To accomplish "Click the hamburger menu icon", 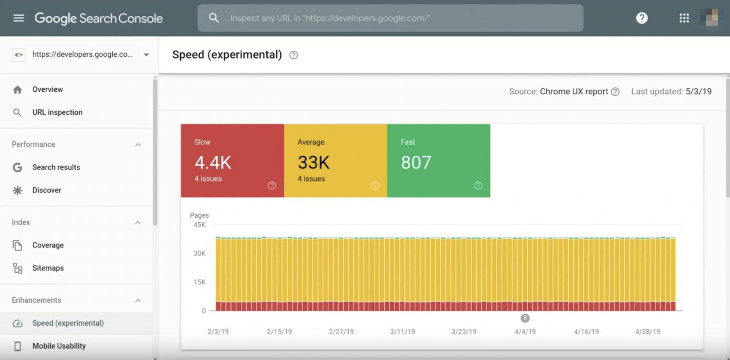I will [x=18, y=18].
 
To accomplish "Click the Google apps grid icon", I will [x=684, y=18].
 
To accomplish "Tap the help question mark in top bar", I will [x=642, y=18].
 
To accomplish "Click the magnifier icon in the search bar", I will [x=214, y=18].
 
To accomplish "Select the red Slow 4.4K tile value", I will [x=213, y=162].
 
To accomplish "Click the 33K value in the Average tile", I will [x=314, y=162].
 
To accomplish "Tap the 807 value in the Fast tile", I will [x=416, y=162].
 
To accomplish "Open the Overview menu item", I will [x=47, y=89].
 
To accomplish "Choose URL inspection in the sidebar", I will [x=57, y=112].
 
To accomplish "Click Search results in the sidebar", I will [x=56, y=167].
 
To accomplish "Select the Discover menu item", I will [x=47, y=190].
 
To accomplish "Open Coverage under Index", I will [x=48, y=245].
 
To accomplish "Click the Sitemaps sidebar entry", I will [x=48, y=268].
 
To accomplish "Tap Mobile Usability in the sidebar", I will [x=59, y=346].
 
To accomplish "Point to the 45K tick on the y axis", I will [x=200, y=225].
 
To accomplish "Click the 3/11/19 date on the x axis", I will [x=402, y=332].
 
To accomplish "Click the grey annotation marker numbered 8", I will [x=525, y=318].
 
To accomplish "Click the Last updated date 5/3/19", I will [x=698, y=92].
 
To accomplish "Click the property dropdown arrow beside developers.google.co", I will [x=146, y=55].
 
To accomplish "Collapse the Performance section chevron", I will [x=138, y=145].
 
